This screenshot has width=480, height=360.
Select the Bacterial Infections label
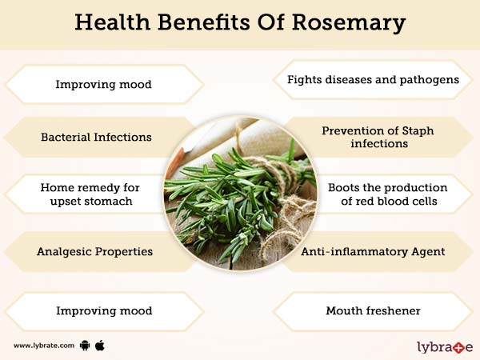96,137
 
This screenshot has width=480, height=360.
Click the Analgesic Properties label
94,251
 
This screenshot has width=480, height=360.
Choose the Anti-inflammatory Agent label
372,251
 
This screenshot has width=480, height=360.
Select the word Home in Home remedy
57,187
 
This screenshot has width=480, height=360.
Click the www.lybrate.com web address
44,346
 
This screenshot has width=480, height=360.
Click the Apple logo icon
100,346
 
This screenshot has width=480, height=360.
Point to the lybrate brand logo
445,346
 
